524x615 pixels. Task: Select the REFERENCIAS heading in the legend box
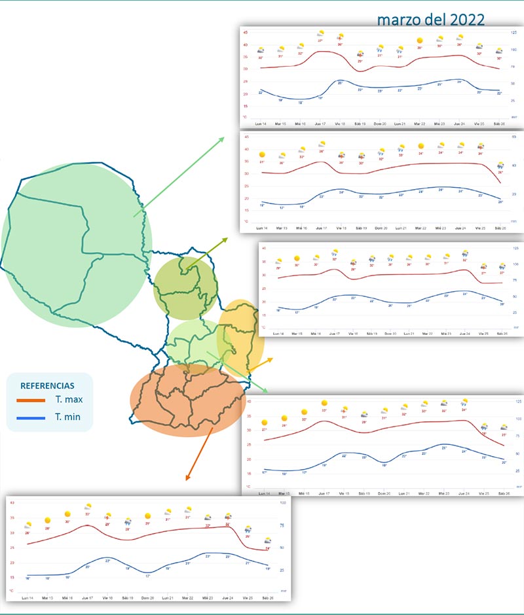(47, 386)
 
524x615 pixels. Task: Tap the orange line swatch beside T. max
(30, 400)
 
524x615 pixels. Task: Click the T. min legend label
(69, 416)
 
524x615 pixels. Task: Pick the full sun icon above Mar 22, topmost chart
(420, 41)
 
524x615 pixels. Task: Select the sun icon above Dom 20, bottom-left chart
(148, 516)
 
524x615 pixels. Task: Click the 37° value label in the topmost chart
(320, 41)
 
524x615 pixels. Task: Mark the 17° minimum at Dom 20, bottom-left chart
(148, 576)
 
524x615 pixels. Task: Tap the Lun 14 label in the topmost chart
(261, 124)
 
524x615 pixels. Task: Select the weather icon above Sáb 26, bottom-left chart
(267, 541)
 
